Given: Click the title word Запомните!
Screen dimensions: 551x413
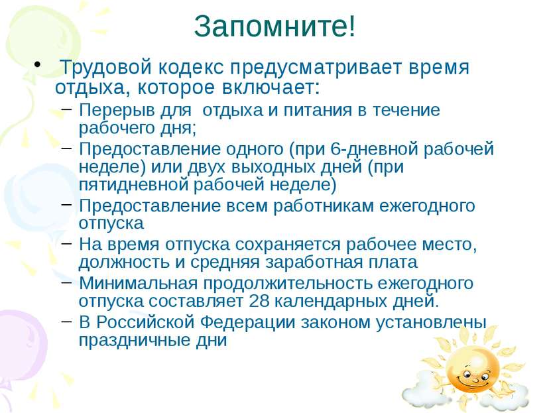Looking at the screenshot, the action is point(275,27).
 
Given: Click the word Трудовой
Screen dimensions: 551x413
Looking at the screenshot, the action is point(105,68).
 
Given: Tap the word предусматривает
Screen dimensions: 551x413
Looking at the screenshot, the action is point(315,68).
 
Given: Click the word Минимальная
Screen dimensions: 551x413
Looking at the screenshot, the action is point(138,284).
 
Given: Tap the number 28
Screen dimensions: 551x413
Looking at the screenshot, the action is point(259,301).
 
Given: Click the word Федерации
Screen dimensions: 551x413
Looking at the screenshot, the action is point(247,322).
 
